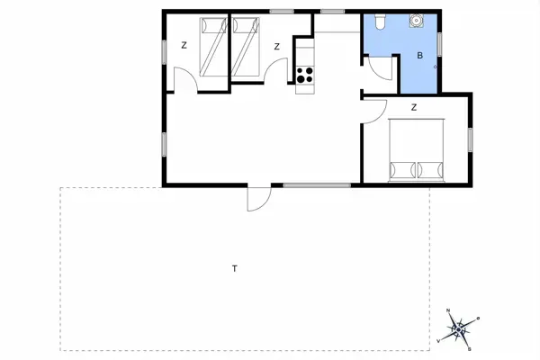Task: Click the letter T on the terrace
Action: [234, 268]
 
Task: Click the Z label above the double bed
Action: [413, 108]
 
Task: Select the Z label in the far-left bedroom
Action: [183, 45]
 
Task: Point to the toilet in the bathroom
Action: [382, 22]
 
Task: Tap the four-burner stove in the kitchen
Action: [305, 76]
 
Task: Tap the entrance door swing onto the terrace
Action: [256, 199]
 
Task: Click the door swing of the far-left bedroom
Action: [185, 82]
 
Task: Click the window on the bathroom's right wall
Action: [439, 40]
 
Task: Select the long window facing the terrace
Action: [318, 184]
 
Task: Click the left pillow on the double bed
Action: [401, 168]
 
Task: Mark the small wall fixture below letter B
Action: [435, 67]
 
